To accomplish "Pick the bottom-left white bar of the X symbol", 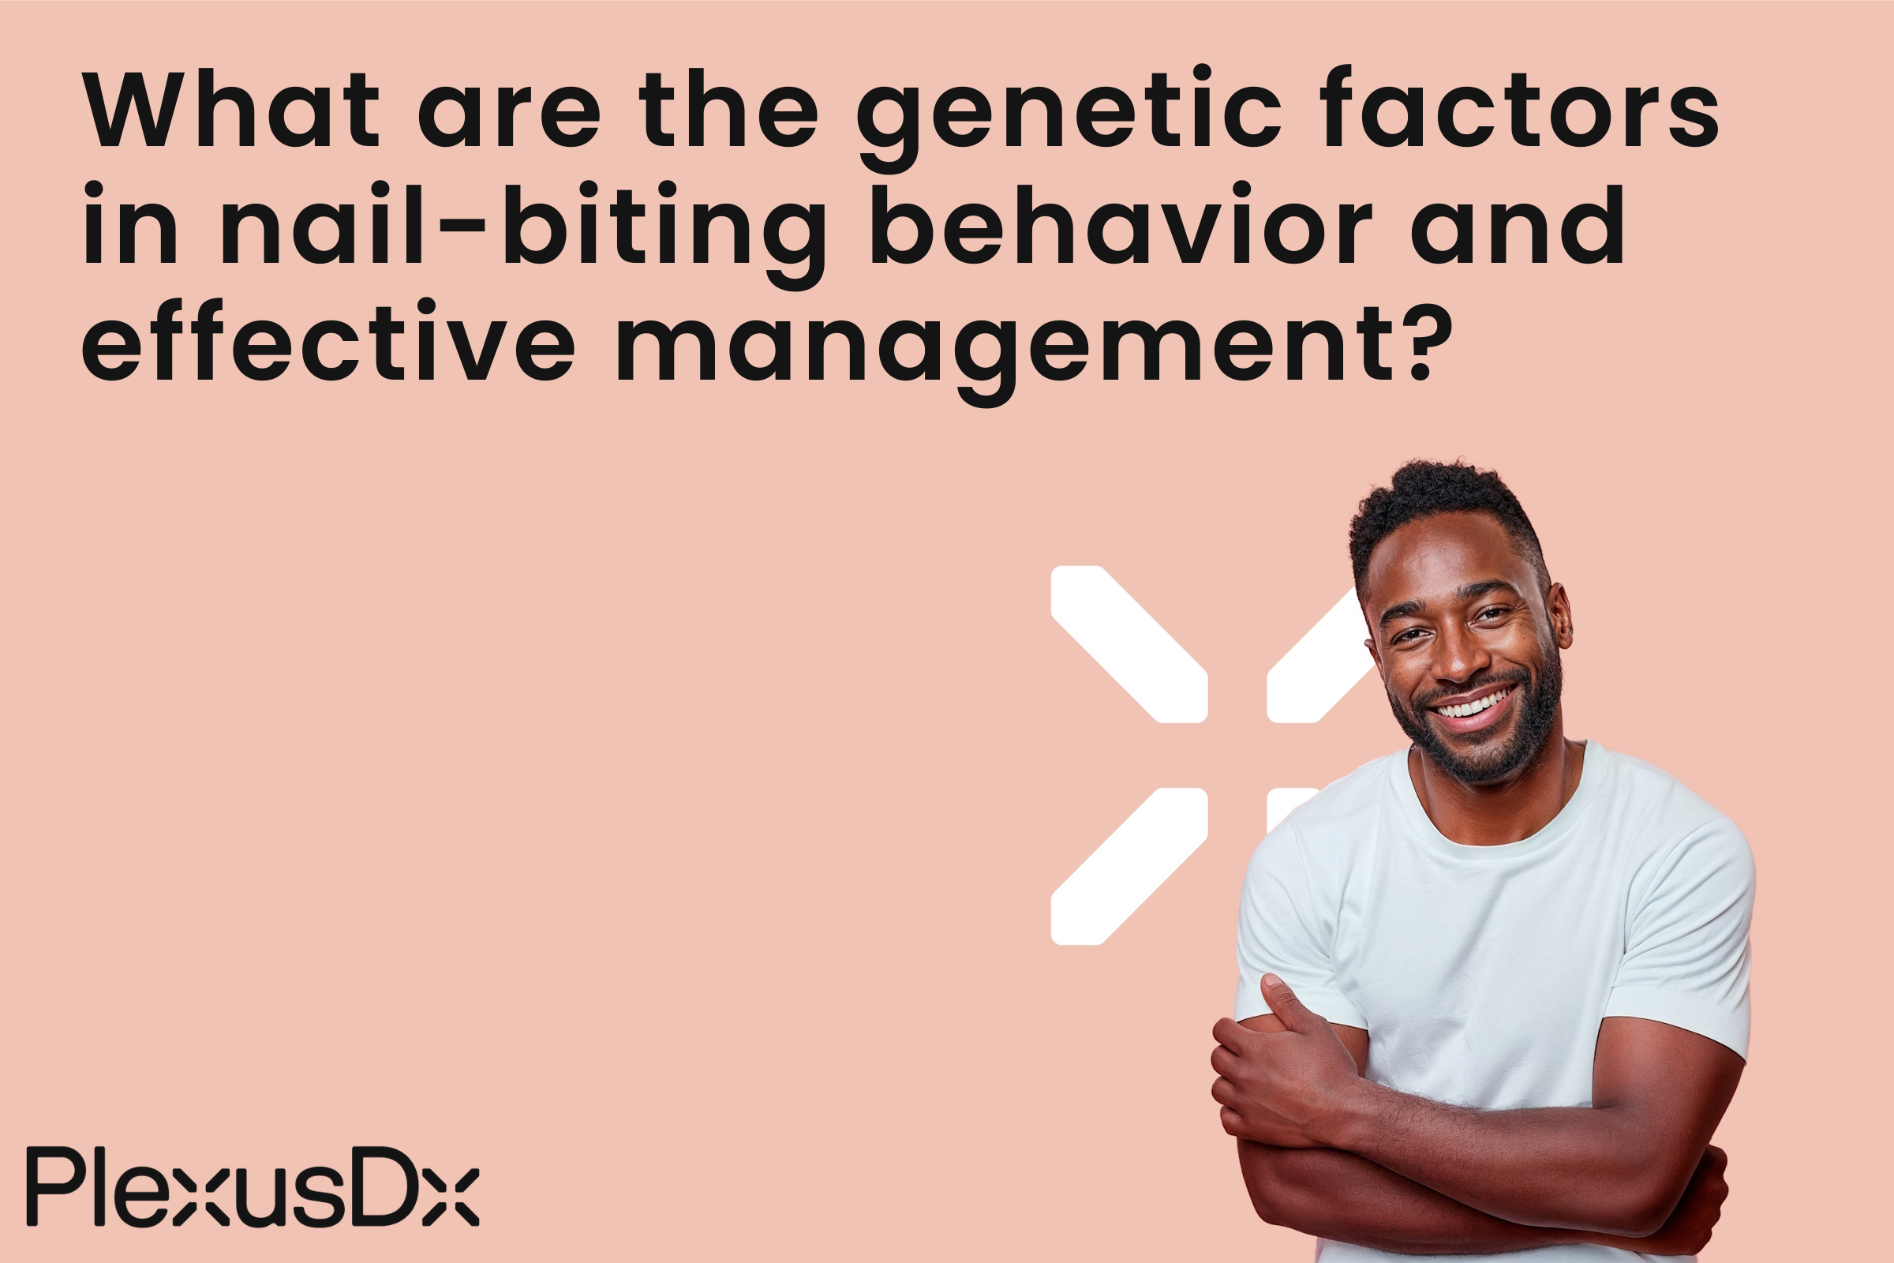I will [1128, 866].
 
